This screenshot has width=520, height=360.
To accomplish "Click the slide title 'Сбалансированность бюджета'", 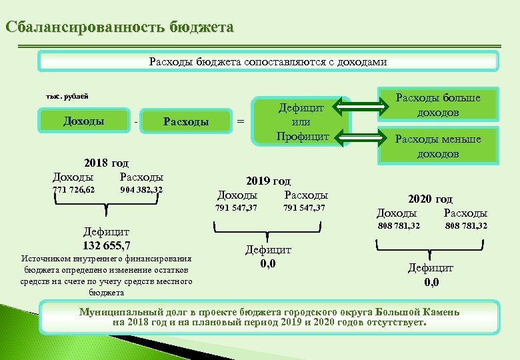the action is click(119, 27).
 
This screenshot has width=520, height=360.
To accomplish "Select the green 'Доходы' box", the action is click(83, 121).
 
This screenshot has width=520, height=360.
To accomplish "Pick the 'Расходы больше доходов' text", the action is click(438, 105).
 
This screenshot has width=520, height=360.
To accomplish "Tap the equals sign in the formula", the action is click(241, 121).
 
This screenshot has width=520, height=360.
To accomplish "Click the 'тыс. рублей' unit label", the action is click(67, 97).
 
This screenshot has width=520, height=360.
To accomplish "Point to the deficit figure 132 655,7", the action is click(106, 245).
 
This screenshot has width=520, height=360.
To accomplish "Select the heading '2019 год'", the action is click(269, 181).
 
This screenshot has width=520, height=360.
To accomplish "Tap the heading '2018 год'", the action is click(106, 163).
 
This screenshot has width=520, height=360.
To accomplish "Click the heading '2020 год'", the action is click(430, 199).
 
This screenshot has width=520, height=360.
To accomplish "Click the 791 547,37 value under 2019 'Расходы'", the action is click(304, 208).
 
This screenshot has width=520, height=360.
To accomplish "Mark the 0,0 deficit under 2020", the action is click(431, 281).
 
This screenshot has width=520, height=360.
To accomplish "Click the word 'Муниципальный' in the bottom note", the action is click(117, 311).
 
